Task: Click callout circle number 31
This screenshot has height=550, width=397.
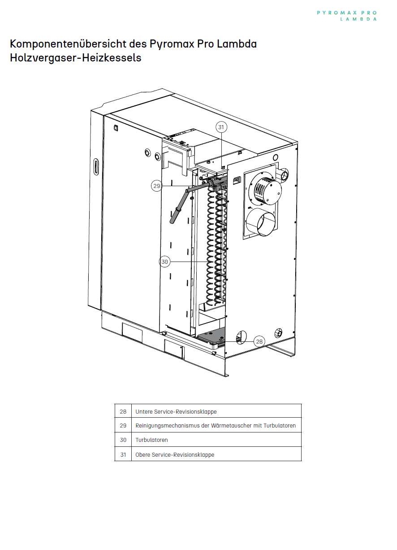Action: [221, 127]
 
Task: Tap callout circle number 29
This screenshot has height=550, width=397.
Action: [157, 186]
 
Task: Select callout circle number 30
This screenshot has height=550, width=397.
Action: [164, 262]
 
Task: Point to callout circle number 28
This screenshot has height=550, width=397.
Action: [259, 341]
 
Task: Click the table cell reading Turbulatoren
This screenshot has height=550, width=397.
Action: [151, 440]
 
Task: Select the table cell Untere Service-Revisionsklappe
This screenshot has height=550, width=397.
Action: [176, 412]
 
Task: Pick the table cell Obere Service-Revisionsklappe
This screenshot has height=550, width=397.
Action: [175, 455]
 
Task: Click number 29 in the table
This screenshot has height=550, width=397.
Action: [123, 426]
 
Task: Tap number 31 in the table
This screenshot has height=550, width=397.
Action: [123, 455]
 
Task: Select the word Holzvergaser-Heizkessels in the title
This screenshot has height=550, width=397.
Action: [76, 58]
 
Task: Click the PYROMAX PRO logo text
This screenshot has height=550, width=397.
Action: [347, 13]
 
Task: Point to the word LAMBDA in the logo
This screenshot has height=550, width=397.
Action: [358, 19]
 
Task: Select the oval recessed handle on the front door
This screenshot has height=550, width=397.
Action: [96, 167]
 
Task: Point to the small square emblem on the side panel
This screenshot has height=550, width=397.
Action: [116, 128]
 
